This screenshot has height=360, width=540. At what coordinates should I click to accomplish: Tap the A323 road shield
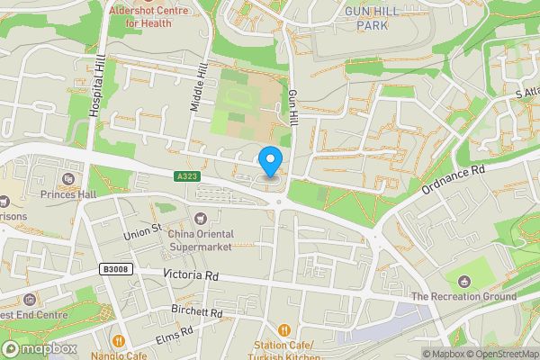[184, 175]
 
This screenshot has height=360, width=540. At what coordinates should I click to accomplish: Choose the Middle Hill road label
[199, 87]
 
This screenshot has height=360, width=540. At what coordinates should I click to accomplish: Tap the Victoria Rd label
[191, 275]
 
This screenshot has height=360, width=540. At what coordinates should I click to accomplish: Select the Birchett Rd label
[196, 310]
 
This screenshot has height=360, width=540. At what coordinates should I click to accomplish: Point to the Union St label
[141, 229]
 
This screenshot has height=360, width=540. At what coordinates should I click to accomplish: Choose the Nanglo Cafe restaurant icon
[118, 340]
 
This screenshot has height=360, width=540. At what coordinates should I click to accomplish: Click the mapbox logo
[38, 348]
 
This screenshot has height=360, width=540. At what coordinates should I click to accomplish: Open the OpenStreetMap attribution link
[501, 354]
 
